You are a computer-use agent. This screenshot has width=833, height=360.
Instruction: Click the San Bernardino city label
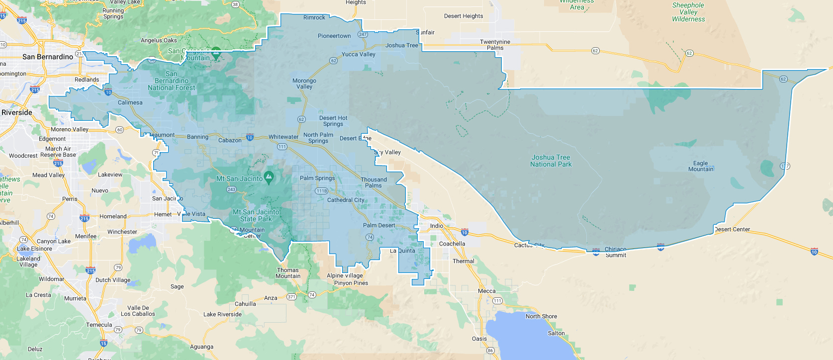tap(48, 57)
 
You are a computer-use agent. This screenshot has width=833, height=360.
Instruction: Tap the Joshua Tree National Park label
tap(551, 161)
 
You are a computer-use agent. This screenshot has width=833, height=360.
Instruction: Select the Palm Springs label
tap(317, 178)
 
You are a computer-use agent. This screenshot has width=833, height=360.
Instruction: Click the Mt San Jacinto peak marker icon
tap(269, 176)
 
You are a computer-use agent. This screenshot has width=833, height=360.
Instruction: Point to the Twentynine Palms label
tap(495, 45)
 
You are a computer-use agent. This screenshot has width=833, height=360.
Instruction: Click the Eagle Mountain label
tap(700, 166)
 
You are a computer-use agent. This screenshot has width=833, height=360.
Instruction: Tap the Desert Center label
tap(732, 229)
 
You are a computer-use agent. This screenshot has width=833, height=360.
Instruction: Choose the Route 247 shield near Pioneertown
tap(363, 35)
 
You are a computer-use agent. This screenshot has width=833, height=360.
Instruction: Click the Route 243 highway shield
tap(231, 189)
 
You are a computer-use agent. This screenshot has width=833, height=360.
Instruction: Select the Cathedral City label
tap(346, 200)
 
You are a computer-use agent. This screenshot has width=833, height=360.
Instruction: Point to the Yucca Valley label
tap(359, 54)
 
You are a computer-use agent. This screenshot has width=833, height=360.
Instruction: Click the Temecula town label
tap(99, 325)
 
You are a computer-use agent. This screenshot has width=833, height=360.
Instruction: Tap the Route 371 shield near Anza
tap(291, 297)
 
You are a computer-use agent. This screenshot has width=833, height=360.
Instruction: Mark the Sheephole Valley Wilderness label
tap(688, 12)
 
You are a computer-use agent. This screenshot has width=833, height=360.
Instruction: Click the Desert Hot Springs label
tap(333, 121)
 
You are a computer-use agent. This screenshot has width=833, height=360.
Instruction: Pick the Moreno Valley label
tap(70, 129)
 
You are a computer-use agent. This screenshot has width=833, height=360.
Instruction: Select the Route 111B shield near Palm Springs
tap(321, 191)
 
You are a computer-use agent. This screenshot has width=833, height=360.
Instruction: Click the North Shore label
tap(541, 316)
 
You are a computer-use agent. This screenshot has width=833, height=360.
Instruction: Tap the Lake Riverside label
tap(222, 314)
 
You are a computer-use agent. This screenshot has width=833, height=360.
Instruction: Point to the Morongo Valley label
tap(304, 84)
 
